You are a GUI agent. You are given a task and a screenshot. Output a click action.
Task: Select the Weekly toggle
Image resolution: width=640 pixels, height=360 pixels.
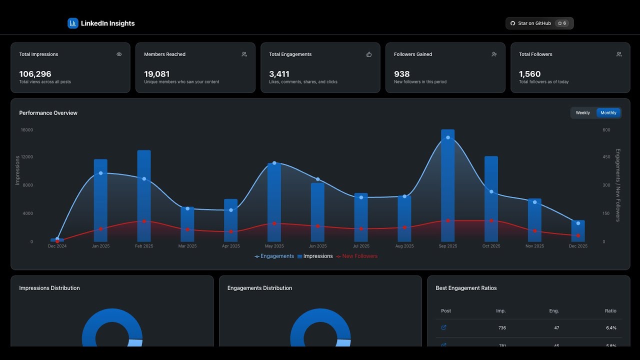click(x=582, y=113)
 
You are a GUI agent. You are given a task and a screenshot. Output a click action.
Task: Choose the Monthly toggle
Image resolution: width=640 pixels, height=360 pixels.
click(x=608, y=113)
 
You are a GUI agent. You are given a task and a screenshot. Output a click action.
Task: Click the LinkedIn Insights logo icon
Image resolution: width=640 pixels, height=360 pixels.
click(x=73, y=23)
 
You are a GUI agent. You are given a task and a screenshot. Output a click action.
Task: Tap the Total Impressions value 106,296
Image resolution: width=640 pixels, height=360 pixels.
click(x=35, y=74)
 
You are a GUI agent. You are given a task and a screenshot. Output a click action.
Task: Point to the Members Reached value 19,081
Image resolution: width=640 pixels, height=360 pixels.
click(x=156, y=74)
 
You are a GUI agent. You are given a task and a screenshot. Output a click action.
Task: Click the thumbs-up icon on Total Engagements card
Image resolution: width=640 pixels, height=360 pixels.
click(x=369, y=54)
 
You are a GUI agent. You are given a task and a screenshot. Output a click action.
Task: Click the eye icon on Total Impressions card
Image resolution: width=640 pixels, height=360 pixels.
click(x=119, y=54)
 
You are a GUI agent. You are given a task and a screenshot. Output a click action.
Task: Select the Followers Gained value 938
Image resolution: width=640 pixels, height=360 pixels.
click(x=401, y=74)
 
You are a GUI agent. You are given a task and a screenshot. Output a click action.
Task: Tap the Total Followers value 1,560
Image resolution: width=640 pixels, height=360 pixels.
click(x=529, y=74)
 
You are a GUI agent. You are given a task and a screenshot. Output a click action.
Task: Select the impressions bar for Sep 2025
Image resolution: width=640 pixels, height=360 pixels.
click(x=448, y=190)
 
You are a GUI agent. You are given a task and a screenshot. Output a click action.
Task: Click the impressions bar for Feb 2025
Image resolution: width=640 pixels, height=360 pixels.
click(x=144, y=200)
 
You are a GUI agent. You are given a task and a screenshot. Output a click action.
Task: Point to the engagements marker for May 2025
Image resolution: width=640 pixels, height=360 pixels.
click(x=274, y=163)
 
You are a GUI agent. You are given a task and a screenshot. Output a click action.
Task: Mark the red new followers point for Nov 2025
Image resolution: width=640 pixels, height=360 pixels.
click(x=534, y=231)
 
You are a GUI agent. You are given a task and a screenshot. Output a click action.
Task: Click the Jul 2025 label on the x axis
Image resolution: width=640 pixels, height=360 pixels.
click(x=361, y=246)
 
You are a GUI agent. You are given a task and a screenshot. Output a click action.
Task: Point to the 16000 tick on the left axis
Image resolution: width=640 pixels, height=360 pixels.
click(x=26, y=130)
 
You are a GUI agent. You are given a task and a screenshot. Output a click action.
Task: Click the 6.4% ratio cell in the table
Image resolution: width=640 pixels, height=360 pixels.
click(x=611, y=328)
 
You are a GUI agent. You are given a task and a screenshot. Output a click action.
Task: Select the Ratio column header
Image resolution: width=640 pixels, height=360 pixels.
click(x=610, y=311)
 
